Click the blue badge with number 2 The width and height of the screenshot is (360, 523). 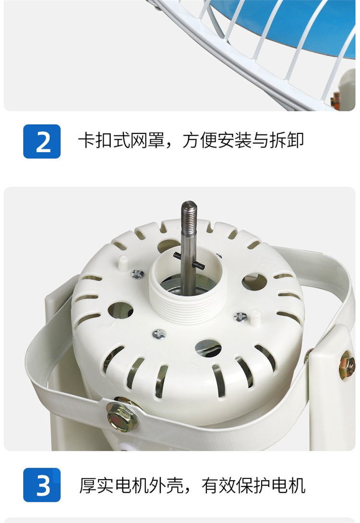[x=42, y=141]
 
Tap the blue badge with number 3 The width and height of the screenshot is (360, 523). [x=42, y=485]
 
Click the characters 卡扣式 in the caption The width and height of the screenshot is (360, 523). [x=104, y=140]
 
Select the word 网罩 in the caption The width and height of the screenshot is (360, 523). [x=148, y=140]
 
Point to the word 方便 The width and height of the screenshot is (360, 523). [x=199, y=140]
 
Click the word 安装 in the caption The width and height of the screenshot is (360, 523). [x=234, y=140]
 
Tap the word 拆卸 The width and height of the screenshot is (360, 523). [x=287, y=140]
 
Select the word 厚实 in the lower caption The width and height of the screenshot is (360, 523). [x=96, y=486]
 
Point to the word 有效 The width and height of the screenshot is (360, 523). [x=219, y=486]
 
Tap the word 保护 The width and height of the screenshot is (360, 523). [x=254, y=486]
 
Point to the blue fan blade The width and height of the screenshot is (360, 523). [x=283, y=24]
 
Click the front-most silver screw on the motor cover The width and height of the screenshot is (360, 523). [x=159, y=334]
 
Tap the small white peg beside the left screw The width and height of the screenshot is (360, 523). [x=123, y=263]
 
